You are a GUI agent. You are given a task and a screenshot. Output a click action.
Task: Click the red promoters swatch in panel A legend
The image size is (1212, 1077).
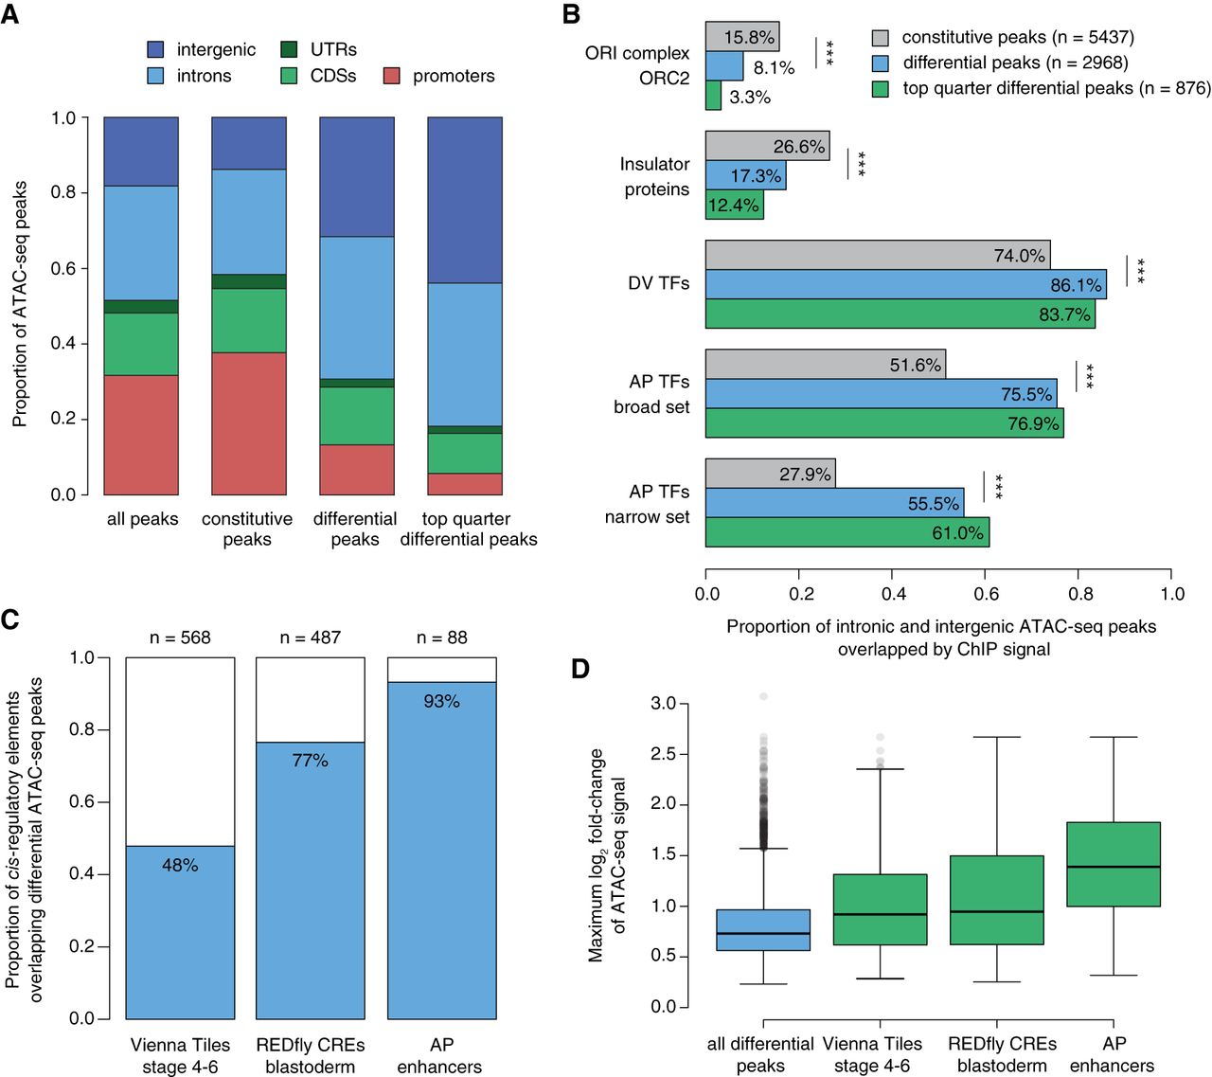click(391, 76)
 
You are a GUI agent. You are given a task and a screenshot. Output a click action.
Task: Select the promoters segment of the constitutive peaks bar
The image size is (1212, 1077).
click(249, 423)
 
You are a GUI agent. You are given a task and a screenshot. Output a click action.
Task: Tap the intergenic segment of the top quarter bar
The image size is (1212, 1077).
click(465, 200)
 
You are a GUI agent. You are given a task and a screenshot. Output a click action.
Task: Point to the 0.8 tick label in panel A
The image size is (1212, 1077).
click(63, 192)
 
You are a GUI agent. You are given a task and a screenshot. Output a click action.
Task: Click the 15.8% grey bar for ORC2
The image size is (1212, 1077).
click(742, 37)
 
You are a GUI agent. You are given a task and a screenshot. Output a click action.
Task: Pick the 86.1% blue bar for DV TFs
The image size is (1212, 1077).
click(905, 284)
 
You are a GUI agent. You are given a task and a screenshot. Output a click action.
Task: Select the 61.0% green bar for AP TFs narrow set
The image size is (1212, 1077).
click(847, 532)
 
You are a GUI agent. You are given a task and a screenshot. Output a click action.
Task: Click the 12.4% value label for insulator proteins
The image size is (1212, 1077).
click(733, 206)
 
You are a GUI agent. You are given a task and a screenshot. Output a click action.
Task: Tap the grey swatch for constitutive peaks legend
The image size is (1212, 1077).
click(881, 38)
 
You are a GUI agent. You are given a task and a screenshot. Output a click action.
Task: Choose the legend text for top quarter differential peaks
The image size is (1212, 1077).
click(1056, 88)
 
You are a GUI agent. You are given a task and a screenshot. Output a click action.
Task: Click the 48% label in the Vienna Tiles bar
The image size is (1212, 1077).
click(180, 865)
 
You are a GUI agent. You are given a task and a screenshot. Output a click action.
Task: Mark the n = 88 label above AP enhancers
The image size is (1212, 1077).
click(442, 637)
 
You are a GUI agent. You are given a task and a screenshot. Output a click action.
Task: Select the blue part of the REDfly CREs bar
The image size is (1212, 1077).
click(311, 880)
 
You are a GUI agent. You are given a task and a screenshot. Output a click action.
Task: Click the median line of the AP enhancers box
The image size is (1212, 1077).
click(1114, 867)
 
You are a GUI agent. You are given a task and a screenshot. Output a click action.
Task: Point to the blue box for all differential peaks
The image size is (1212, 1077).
click(763, 930)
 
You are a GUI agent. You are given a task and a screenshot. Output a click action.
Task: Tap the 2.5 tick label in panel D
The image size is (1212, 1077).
click(664, 754)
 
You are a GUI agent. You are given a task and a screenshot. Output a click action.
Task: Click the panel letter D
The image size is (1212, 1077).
click(580, 669)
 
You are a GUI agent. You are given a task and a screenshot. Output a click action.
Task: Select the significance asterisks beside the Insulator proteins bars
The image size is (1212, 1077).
click(862, 163)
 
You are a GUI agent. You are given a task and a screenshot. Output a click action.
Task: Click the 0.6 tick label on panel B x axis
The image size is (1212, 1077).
click(986, 594)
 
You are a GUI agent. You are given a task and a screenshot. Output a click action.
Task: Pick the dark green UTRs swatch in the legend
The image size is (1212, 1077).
click(289, 49)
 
